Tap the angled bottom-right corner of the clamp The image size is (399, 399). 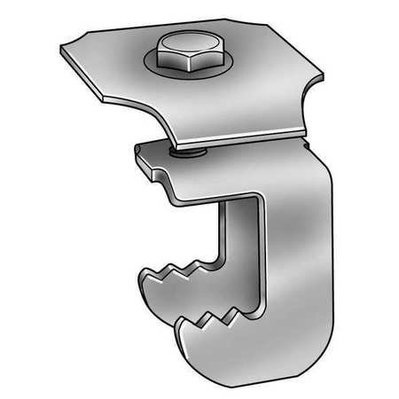coord(284,341)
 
